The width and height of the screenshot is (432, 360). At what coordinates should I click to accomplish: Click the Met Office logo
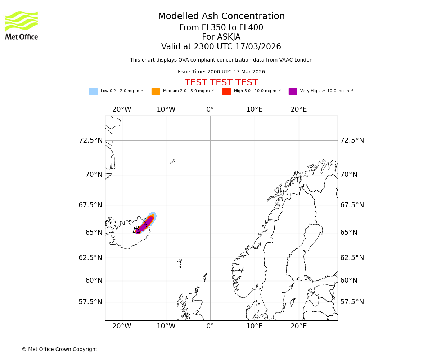22,25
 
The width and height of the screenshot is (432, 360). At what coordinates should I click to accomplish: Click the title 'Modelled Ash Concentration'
221,16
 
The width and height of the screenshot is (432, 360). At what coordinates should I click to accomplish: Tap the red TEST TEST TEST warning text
221,82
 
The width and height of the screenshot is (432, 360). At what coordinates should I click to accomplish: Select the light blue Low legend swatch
93,91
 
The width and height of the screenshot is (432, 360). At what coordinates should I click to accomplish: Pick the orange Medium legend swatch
156,91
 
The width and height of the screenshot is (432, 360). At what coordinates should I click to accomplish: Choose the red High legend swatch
226,91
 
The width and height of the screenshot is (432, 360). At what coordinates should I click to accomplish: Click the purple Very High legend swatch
293,91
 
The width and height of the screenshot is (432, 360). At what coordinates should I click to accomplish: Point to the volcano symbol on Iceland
137,230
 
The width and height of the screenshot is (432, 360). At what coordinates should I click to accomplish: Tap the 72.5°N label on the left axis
90,140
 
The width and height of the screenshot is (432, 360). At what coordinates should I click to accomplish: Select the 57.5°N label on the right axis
352,302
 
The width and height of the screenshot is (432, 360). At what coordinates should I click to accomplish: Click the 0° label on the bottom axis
210,326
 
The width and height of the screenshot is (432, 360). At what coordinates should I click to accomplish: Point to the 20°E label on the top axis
299,109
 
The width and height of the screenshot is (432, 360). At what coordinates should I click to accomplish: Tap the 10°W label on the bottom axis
166,326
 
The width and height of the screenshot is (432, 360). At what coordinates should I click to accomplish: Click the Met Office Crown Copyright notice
59,349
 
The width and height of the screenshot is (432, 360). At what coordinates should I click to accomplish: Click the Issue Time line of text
221,72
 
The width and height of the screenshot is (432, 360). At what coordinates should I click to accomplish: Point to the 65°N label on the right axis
349,233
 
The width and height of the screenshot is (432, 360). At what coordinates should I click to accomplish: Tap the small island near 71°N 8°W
173,162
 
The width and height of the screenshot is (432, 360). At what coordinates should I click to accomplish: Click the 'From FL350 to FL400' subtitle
221,28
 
